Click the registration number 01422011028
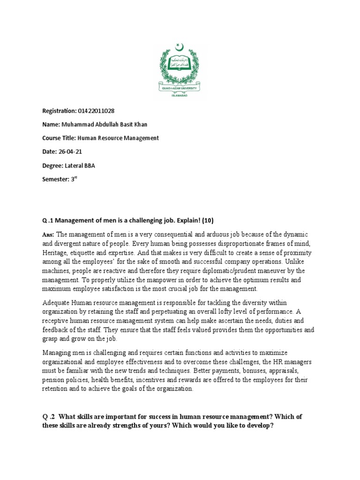[96, 111]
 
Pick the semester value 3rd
[74, 179]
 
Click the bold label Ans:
[48, 234]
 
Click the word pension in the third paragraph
[53, 380]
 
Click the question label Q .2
[48, 416]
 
